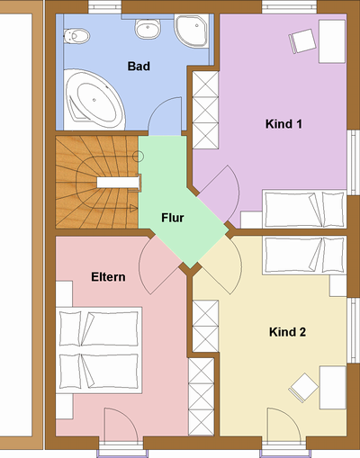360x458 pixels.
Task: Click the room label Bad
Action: pyautogui.click(x=139, y=67)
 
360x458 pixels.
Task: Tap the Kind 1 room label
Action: pyautogui.click(x=283, y=124)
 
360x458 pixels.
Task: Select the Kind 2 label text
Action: pyautogui.click(x=287, y=332)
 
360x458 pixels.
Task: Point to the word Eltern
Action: pyautogui.click(x=108, y=277)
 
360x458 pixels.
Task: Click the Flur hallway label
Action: pyautogui.click(x=173, y=218)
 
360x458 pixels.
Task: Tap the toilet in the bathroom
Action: pyautogui.click(x=76, y=36)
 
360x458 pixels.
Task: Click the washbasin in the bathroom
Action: pyautogui.click(x=148, y=29)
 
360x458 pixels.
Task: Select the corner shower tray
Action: pyautogui.click(x=192, y=31)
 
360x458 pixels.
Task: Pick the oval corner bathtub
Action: pyautogui.click(x=94, y=100)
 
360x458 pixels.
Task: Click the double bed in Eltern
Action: pyautogui.click(x=99, y=350)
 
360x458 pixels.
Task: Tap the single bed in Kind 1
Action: pyautogui.click(x=304, y=209)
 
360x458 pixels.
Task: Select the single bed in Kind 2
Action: pyautogui.click(x=304, y=256)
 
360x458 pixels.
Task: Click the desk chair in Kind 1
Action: pyautogui.click(x=302, y=41)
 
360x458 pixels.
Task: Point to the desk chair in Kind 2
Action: pyautogui.click(x=303, y=388)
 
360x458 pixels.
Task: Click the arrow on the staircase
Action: pyautogui.click(x=133, y=208)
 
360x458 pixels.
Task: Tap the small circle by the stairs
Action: pyautogui.click(x=139, y=157)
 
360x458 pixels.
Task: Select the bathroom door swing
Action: pyautogui.click(x=165, y=116)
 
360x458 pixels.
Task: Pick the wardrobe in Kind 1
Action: pyautogui.click(x=205, y=110)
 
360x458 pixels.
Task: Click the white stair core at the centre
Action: pyautogui.click(x=119, y=183)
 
